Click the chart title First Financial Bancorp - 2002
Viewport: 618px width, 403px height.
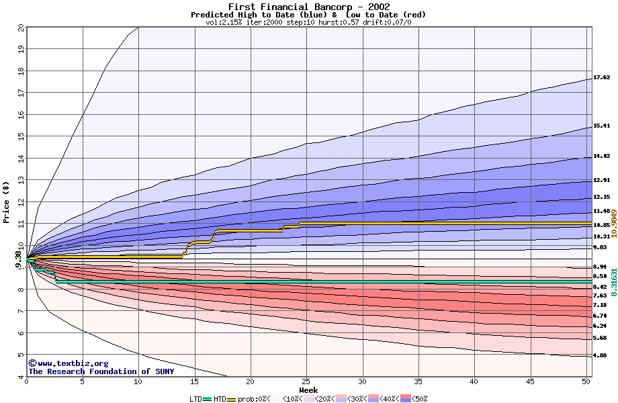(308, 7)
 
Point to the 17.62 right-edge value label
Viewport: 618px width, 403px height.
(601, 77)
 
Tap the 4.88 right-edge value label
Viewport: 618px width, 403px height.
(601, 355)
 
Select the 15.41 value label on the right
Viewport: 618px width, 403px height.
(601, 126)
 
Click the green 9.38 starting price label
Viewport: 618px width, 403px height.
(18, 259)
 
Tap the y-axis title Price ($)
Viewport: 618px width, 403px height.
(7, 201)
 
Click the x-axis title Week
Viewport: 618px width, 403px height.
(308, 390)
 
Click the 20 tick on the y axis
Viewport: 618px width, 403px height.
(21, 28)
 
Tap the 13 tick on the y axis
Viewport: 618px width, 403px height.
(21, 180)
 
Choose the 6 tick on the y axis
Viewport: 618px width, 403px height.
(21, 333)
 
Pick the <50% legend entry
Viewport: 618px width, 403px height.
(420, 399)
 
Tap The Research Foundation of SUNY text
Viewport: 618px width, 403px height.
(101, 371)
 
